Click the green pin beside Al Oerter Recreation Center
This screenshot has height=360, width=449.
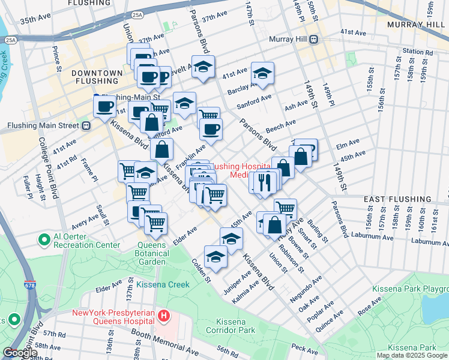(x=44, y=241)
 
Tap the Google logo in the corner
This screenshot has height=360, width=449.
(x=19, y=353)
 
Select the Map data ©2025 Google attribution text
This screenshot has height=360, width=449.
(x=411, y=355)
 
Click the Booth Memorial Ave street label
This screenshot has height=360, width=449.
(x=165, y=340)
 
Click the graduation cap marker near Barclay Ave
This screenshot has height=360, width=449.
(x=262, y=73)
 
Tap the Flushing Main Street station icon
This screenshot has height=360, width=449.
(x=86, y=125)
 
